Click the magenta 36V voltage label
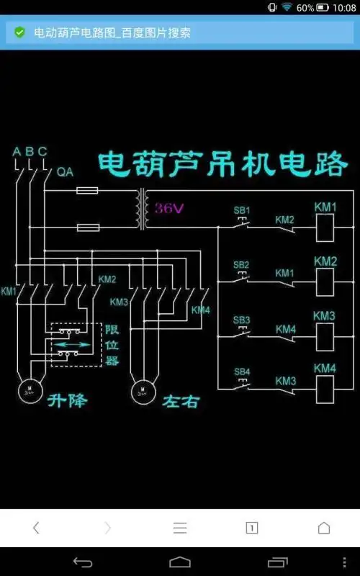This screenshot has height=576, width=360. tap(170, 209)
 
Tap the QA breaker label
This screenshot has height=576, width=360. tap(65, 172)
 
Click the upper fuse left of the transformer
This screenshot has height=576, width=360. tap(87, 192)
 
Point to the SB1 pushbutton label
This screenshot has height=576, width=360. tap(241, 211)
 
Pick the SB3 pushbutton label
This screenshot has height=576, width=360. tap(241, 319)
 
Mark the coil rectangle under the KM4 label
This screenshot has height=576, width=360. tap(325, 388)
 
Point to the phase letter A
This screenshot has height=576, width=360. tap(17, 151)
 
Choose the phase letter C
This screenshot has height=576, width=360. tap(42, 151)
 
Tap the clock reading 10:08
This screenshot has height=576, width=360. tap(340, 7)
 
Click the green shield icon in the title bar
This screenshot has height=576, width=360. tap(19, 33)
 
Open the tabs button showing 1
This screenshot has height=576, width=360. tap(252, 528)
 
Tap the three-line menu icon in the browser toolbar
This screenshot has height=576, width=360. tap(180, 528)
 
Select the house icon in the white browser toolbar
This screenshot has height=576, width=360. tap(324, 528)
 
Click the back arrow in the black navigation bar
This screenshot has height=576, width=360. tap(83, 562)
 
